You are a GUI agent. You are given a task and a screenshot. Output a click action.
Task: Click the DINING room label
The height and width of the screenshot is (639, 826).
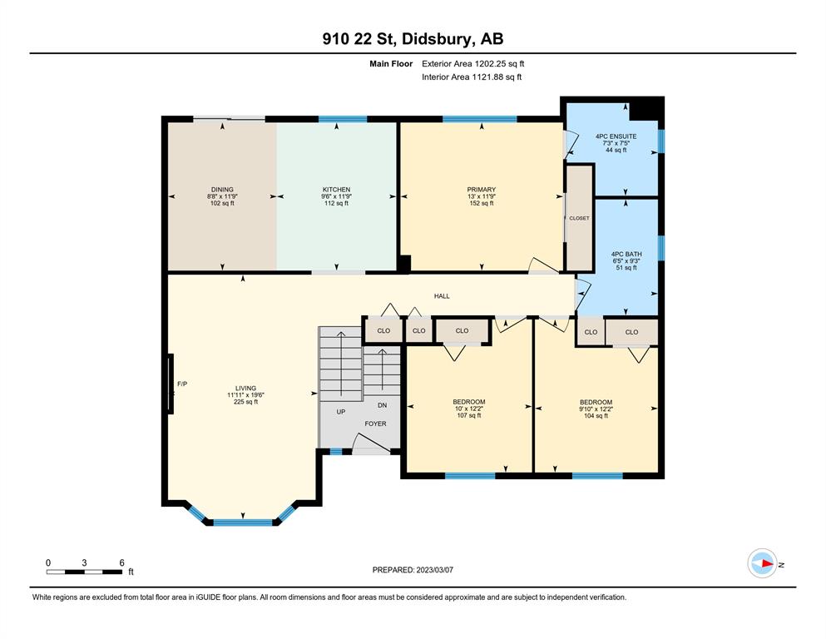[222, 190]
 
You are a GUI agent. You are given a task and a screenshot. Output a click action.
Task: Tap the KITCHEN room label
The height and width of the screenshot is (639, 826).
[336, 190]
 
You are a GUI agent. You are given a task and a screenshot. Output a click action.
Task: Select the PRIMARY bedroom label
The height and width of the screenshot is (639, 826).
[482, 190]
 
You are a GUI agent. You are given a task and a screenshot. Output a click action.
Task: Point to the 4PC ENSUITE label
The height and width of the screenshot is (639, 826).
[616, 136]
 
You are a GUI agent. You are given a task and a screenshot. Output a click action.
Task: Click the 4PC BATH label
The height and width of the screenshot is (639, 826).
[626, 254]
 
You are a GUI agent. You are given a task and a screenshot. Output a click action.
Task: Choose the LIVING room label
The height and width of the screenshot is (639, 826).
[245, 389]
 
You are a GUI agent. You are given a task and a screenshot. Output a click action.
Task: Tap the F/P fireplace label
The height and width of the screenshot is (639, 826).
[182, 384]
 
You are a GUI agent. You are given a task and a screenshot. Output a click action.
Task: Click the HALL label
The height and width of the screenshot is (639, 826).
[442, 296]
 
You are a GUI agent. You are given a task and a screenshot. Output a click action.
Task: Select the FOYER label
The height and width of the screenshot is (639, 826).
[376, 424]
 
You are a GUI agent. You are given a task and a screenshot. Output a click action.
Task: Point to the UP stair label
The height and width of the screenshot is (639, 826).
[341, 411]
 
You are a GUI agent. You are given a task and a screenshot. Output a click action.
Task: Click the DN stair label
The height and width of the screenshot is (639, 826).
[383, 405]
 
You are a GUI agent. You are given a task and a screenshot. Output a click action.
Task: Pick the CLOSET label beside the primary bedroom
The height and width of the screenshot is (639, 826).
[580, 218]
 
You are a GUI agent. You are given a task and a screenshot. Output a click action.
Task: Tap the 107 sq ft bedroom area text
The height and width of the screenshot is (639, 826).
[469, 416]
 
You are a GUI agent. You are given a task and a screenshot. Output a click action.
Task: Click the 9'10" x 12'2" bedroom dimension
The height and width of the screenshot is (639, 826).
[596, 409]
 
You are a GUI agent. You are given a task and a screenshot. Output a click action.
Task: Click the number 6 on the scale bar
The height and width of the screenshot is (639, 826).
[121, 562]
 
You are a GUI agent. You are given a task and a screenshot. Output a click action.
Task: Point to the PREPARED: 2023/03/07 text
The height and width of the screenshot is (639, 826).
[413, 570]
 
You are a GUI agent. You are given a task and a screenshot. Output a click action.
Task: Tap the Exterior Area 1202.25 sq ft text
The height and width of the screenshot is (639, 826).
[473, 64]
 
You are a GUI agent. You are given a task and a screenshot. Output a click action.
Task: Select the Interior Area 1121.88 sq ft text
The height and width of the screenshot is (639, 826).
[472, 77]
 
